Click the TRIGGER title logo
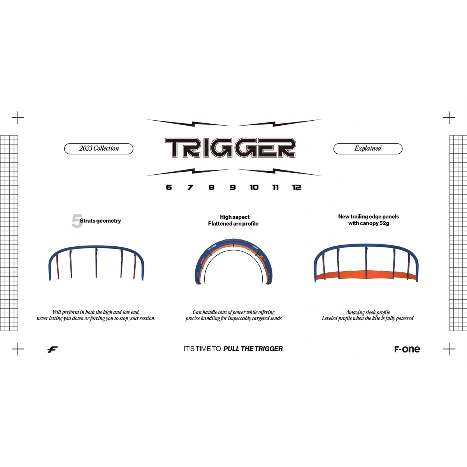pos(230,148)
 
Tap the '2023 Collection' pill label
pos(99,149)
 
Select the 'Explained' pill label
pos(368,149)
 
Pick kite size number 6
pos(169,187)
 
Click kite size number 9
pos(233,187)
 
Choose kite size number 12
pos(297,187)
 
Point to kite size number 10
pos(254,187)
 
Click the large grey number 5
pos(77,221)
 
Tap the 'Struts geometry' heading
pos(100,221)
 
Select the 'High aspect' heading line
pos(235,217)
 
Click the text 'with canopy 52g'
pos(369,223)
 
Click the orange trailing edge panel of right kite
pos(366,275)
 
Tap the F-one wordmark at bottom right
pos(407,349)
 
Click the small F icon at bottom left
pos(53,349)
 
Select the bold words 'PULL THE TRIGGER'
pos(253,349)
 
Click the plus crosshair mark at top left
pos(18,118)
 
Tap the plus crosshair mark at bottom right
pos(449,349)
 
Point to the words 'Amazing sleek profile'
pos(368,312)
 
